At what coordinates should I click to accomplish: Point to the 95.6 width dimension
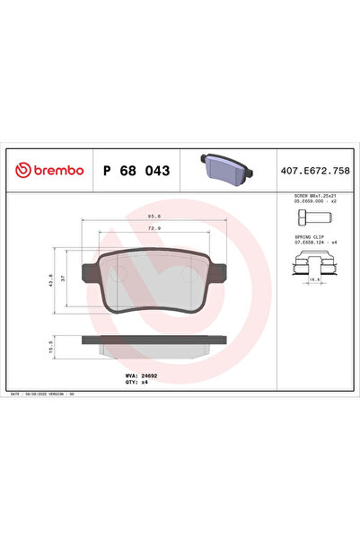(154, 215)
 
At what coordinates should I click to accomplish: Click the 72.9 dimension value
(154, 229)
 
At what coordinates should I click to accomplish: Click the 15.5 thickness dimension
(51, 345)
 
